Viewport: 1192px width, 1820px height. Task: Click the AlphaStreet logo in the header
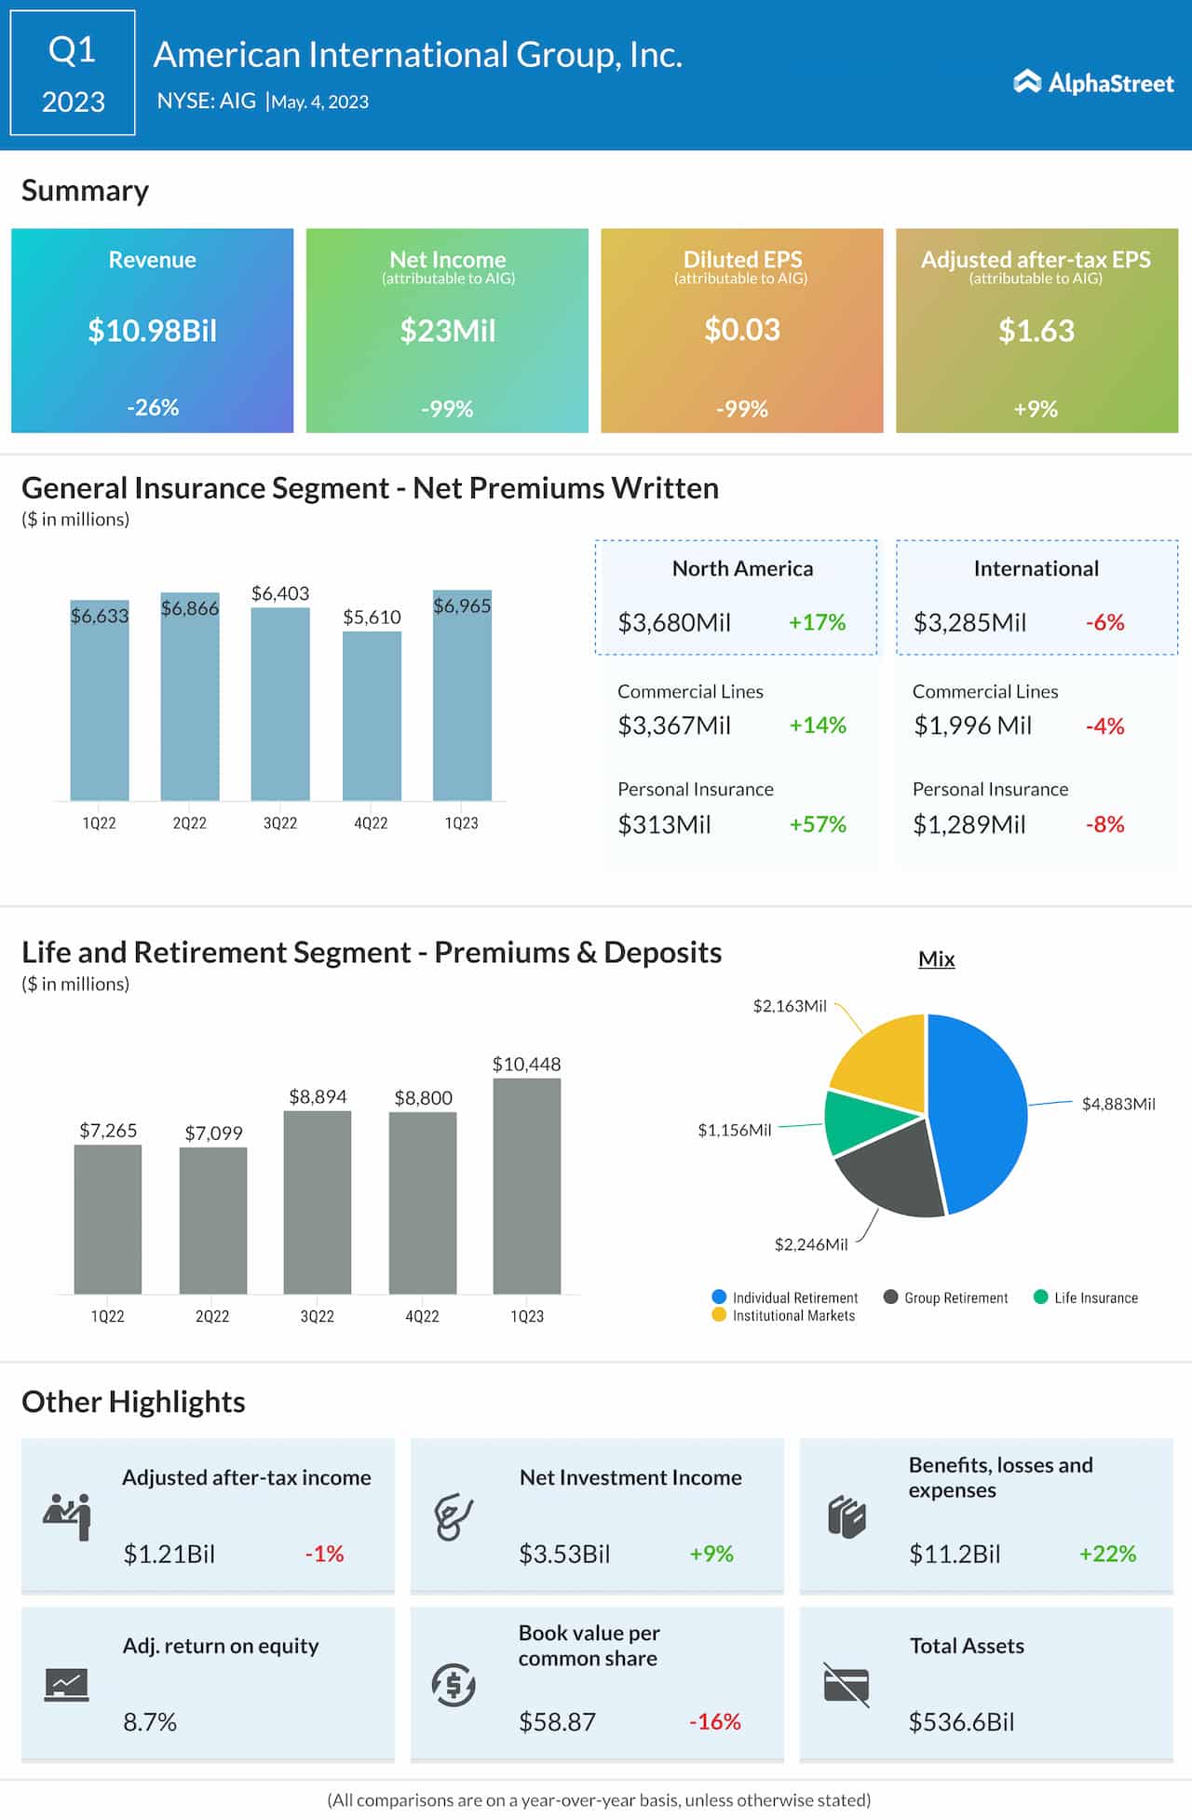click(x=1093, y=83)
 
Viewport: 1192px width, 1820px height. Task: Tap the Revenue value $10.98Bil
click(x=152, y=331)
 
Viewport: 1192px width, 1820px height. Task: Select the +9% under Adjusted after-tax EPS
click(x=1036, y=408)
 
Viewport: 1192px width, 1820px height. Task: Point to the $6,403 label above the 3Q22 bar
click(x=280, y=593)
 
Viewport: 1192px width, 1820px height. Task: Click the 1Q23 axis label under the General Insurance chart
click(x=461, y=823)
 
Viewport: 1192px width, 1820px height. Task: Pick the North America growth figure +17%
click(x=817, y=622)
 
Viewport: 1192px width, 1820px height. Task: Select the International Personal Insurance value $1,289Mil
click(x=968, y=824)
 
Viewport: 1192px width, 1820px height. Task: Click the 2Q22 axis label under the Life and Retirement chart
click(x=212, y=1316)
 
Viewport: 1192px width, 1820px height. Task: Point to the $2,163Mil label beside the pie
click(x=789, y=1006)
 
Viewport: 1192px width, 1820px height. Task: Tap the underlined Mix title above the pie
click(x=936, y=958)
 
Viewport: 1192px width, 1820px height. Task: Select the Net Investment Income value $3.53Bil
click(x=564, y=1554)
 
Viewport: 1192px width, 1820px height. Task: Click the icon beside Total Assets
click(x=846, y=1685)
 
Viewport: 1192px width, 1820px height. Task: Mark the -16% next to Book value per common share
click(x=714, y=1721)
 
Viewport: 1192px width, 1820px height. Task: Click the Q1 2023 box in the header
click(x=73, y=74)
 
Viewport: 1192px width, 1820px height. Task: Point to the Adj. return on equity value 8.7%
click(x=150, y=1721)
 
